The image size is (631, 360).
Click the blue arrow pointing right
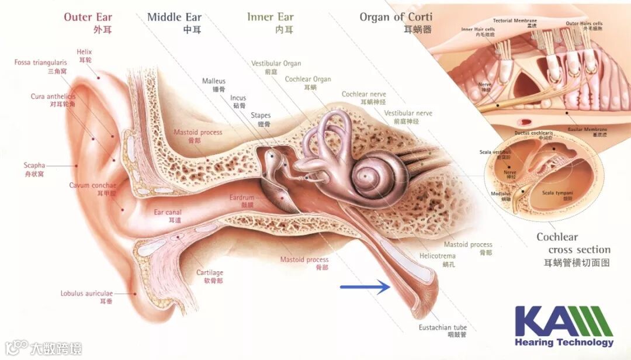point(365,286)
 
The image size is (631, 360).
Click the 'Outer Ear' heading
point(88,17)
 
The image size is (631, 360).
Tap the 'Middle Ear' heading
point(174,17)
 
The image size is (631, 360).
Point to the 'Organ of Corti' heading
point(396,17)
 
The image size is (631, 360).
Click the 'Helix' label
point(84,52)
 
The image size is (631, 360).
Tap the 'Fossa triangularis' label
point(41,63)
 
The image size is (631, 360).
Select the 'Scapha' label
point(34,165)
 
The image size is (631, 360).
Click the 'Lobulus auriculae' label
point(86,293)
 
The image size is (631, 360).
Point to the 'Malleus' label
point(214,81)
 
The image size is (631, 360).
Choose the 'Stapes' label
point(261,116)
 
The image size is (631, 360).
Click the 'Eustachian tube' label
point(443,327)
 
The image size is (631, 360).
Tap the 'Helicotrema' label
point(438,256)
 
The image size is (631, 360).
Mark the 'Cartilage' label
point(210,273)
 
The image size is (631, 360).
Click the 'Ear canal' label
point(168,213)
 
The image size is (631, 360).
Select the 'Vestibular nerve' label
point(408,113)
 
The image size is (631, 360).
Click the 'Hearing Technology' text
point(564,342)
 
